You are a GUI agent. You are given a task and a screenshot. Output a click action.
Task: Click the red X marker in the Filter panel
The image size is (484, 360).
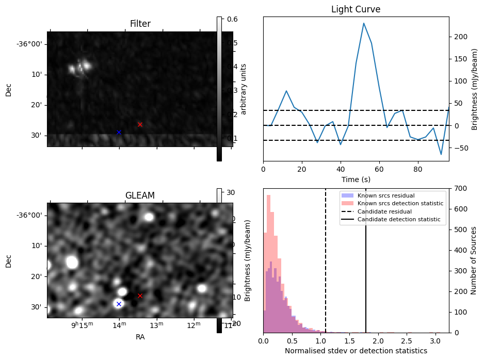coord(140,124)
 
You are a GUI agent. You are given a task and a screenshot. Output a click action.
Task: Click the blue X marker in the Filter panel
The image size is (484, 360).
coord(119,133)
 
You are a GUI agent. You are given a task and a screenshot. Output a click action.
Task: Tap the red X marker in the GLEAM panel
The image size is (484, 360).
coord(140,296)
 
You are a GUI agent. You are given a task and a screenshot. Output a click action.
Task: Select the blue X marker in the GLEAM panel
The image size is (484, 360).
coord(119,304)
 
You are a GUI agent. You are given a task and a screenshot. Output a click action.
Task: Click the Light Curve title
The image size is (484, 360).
coord(356,9)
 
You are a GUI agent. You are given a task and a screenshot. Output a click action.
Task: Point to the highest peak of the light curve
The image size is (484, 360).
coord(364,23)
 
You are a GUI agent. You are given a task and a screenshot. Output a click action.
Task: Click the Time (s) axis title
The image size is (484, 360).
coord(356,179)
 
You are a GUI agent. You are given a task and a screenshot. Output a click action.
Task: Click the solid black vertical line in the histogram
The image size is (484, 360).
coord(366,258)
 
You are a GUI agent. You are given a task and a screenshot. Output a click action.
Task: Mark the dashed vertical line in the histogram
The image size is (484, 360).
coord(326,258)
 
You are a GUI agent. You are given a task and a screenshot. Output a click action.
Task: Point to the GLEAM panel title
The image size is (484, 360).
coord(140,195)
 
